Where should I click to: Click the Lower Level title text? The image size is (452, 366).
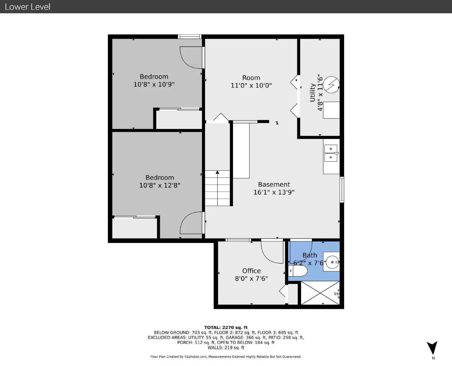(27, 7)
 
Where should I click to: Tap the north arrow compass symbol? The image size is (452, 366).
(432, 348)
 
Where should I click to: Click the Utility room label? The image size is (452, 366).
(312, 92)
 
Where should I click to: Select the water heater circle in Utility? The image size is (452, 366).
(331, 84)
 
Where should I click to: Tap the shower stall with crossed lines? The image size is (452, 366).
(320, 293)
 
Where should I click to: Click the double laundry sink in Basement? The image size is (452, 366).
(331, 153)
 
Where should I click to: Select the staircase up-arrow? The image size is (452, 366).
(217, 173)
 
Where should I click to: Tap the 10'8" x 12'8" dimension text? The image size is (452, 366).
(160, 185)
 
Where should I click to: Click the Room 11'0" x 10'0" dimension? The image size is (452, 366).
(251, 85)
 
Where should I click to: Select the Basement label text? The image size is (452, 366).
(274, 184)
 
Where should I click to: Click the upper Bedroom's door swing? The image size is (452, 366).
(191, 58)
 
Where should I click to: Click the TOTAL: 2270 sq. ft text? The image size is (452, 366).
(226, 328)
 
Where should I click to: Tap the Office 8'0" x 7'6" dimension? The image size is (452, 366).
(251, 279)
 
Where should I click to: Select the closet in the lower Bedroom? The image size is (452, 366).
(134, 228)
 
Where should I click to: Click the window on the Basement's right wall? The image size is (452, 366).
(342, 190)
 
